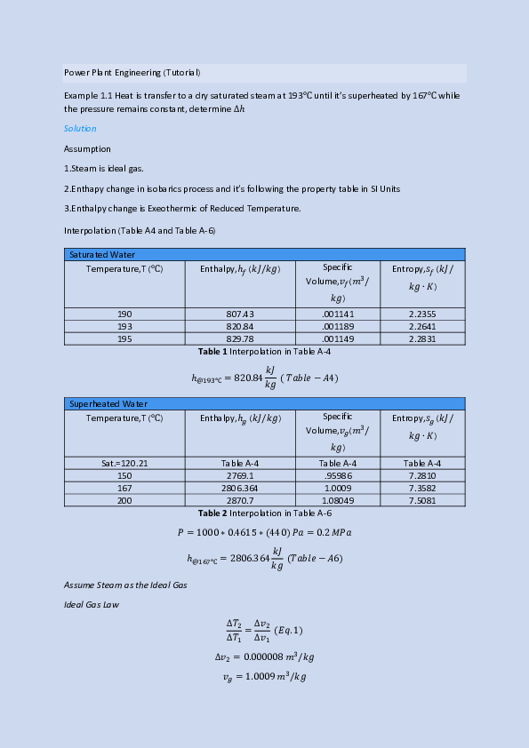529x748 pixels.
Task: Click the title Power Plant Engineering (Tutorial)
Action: coord(132,72)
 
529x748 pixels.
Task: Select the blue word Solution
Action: coord(80,129)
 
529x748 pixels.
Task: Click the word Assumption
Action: coord(87,148)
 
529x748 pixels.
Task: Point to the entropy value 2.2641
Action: coord(422,326)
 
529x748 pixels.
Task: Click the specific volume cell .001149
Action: coord(338,338)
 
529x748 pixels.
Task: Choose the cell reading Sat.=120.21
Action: coord(124,463)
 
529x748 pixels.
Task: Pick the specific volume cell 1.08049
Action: coord(338,500)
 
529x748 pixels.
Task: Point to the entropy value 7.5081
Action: coord(422,500)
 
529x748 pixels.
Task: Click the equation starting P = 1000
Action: coord(265,533)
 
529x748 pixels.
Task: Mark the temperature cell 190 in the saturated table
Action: coord(124,314)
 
